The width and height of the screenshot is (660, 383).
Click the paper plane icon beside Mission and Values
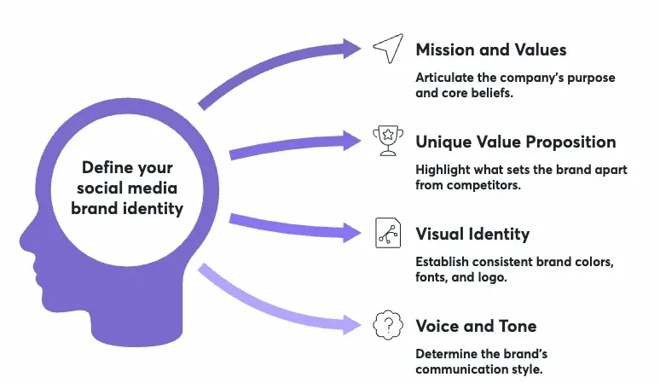coord(386,49)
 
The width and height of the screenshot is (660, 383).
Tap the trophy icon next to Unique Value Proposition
coord(386,141)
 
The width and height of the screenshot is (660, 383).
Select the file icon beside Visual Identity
coord(386,233)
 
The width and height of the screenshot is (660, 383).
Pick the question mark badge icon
coord(387,325)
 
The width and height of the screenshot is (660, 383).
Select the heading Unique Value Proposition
coord(515,141)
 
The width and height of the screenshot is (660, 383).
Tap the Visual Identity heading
coord(472,233)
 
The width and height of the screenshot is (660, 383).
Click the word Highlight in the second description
coord(441,170)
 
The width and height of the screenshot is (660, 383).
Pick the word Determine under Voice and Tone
coord(444,354)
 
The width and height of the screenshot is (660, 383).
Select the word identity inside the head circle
coord(156,208)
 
